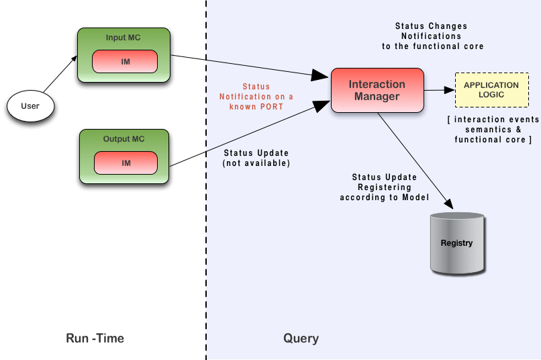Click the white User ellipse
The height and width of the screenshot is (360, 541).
(30, 106)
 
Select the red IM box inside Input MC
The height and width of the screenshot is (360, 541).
(126, 62)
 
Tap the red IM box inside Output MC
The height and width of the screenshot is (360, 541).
(126, 163)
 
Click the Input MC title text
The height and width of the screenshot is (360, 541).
(125, 38)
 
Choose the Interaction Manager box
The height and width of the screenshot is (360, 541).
(377, 90)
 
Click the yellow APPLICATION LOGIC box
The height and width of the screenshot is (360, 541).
(491, 90)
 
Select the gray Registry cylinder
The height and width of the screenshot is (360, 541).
(456, 242)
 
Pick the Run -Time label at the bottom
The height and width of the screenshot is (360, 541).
(95, 339)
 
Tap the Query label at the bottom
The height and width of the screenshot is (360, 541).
(301, 339)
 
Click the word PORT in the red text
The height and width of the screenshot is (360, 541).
(272, 107)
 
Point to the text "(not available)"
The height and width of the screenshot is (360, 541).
(256, 163)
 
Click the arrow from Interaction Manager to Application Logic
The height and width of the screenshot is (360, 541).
(440, 89)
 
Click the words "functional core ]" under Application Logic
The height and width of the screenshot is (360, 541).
(493, 140)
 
